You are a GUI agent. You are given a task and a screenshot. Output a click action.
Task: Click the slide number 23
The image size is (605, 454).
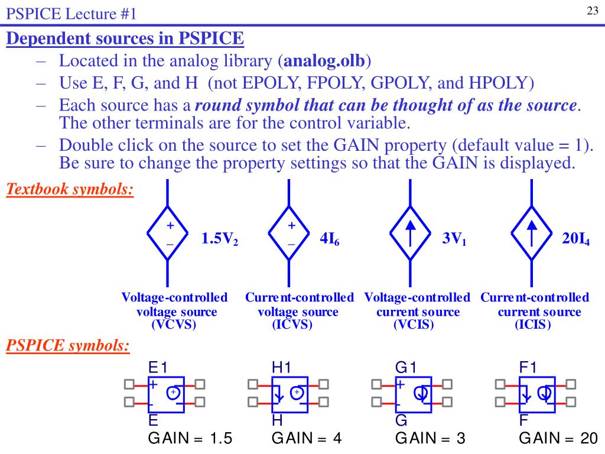click(593, 11)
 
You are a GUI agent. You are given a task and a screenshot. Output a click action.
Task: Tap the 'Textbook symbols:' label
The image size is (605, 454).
click(70, 190)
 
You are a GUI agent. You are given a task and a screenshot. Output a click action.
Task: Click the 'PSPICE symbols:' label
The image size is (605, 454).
click(68, 345)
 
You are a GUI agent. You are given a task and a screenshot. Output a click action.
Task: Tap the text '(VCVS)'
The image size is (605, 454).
click(174, 325)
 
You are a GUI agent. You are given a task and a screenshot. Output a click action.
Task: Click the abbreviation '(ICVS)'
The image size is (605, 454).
click(292, 325)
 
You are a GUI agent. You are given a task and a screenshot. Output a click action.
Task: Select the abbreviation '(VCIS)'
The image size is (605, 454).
click(414, 325)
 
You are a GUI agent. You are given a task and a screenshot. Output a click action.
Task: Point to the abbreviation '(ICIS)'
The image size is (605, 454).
click(532, 325)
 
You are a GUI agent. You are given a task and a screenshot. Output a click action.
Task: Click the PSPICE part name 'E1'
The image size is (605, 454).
click(158, 368)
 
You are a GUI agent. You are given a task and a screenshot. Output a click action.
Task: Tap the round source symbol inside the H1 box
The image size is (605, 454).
click(297, 393)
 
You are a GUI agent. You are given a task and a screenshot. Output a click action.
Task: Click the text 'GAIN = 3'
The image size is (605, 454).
click(430, 439)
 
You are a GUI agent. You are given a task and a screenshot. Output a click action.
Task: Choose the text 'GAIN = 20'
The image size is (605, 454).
click(558, 439)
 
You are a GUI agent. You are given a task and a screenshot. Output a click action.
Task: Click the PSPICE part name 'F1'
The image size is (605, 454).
click(528, 368)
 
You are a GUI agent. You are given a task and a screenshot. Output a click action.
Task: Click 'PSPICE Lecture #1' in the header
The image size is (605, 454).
click(71, 12)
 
